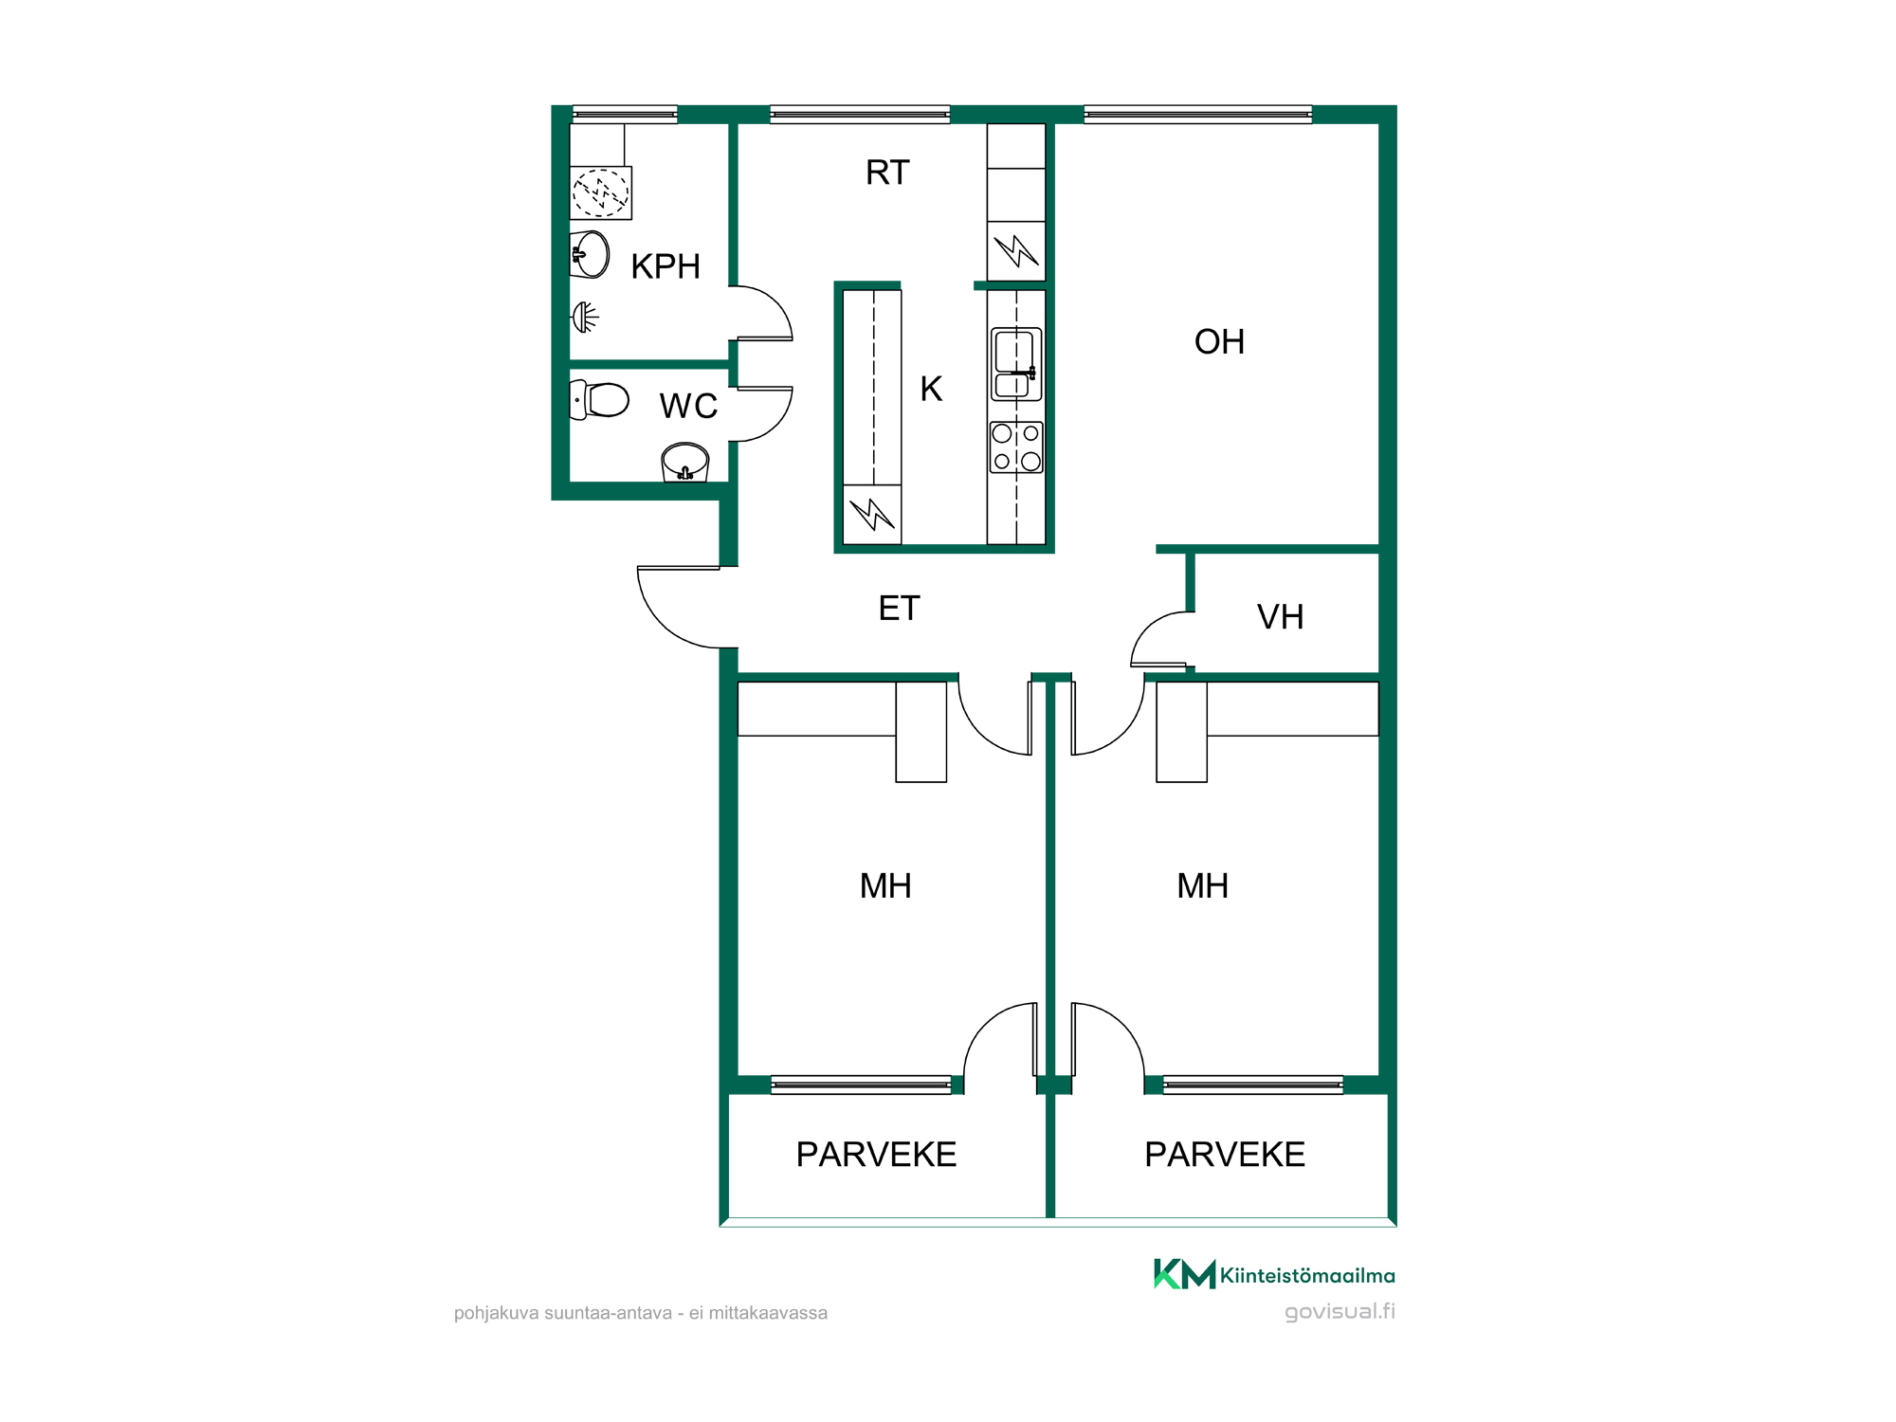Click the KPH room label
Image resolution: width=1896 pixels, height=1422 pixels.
pyautogui.click(x=665, y=266)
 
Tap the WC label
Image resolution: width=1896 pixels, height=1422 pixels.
pyautogui.click(x=688, y=406)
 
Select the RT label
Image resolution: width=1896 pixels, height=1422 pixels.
pyautogui.click(x=887, y=173)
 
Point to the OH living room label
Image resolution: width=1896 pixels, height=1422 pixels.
pyautogui.click(x=1219, y=341)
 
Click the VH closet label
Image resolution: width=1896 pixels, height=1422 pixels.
pyautogui.click(x=1280, y=617)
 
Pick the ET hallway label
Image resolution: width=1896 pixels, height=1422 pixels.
pyautogui.click(x=899, y=608)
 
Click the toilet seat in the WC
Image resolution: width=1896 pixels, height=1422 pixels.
pyautogui.click(x=599, y=400)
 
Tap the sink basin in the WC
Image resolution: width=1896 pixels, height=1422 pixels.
pyautogui.click(x=684, y=463)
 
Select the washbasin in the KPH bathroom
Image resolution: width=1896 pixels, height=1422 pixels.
pyautogui.click(x=589, y=254)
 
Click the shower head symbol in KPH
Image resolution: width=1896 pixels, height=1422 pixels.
pyautogui.click(x=585, y=317)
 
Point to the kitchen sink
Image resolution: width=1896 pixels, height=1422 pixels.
pyautogui.click(x=1016, y=364)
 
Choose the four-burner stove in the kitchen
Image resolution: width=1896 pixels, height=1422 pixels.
pyautogui.click(x=1016, y=447)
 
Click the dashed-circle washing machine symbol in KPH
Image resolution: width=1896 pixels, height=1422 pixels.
pyautogui.click(x=601, y=193)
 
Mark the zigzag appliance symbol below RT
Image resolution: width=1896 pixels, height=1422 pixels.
pyautogui.click(x=1016, y=251)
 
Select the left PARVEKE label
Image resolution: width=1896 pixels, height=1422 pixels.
pyautogui.click(x=876, y=1155)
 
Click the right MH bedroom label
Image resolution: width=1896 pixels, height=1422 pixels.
pyautogui.click(x=1202, y=886)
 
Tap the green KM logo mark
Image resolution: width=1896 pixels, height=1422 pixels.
pyautogui.click(x=1184, y=1274)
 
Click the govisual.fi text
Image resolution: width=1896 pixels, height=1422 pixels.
pyautogui.click(x=1340, y=1312)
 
